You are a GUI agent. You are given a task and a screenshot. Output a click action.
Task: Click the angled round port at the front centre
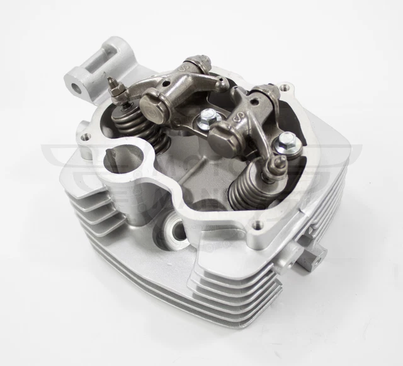tap(176, 231)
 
